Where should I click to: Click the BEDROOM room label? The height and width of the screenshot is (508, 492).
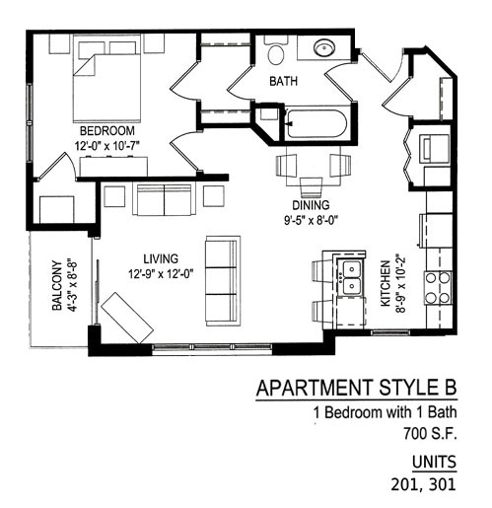click(x=107, y=131)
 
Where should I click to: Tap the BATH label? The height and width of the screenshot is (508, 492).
click(x=283, y=81)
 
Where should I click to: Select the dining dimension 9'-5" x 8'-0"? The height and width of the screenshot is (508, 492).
click(x=311, y=220)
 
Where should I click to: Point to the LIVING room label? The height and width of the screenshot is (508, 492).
click(x=161, y=258)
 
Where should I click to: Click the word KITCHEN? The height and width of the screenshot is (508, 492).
click(x=386, y=283)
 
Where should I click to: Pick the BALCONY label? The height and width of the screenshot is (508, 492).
click(x=57, y=286)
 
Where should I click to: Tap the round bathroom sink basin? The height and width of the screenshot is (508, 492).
click(x=324, y=48)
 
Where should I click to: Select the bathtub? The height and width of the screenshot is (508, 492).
click(x=316, y=124)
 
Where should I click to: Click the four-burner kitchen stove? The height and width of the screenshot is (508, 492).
click(x=438, y=288)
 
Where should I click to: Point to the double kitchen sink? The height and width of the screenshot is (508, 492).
click(x=351, y=277)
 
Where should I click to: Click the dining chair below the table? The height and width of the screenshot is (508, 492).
click(x=311, y=187)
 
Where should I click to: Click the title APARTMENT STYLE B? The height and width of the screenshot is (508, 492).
click(x=356, y=388)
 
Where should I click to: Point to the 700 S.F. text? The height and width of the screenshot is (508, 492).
click(x=430, y=433)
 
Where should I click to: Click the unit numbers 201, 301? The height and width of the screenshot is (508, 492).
click(x=423, y=484)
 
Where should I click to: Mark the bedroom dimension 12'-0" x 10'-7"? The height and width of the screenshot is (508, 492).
click(x=107, y=146)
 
